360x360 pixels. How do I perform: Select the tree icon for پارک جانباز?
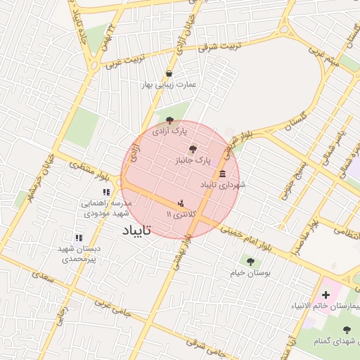click(x=193, y=148)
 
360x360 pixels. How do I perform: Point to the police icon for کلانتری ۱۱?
click(x=181, y=202)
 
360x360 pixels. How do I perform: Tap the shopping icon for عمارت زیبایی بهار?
click(x=169, y=73)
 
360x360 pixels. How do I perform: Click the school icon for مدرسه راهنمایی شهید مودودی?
click(x=106, y=192)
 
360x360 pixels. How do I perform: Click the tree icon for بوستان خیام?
click(x=250, y=262)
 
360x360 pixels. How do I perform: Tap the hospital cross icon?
click(x=326, y=294)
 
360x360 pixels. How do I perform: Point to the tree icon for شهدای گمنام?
click(x=346, y=329)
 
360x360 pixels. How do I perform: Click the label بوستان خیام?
click(x=247, y=273)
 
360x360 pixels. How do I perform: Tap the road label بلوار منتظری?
click(x=88, y=168)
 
